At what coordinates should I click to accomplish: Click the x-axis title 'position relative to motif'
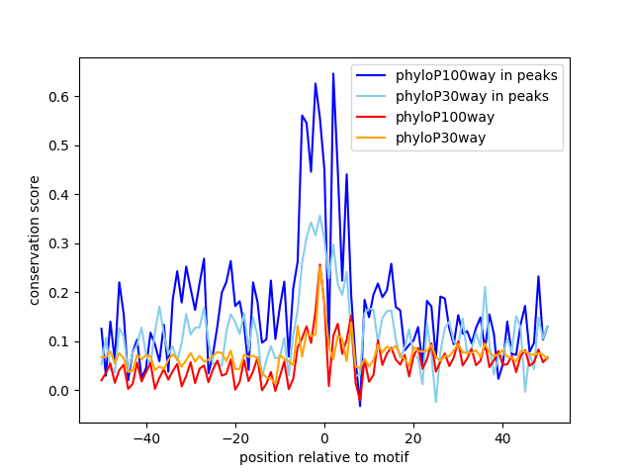click(x=323, y=457)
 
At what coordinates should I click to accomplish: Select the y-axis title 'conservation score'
click(x=35, y=240)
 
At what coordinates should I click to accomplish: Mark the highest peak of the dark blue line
click(x=333, y=73)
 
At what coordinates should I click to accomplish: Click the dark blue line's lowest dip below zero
click(x=360, y=406)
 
